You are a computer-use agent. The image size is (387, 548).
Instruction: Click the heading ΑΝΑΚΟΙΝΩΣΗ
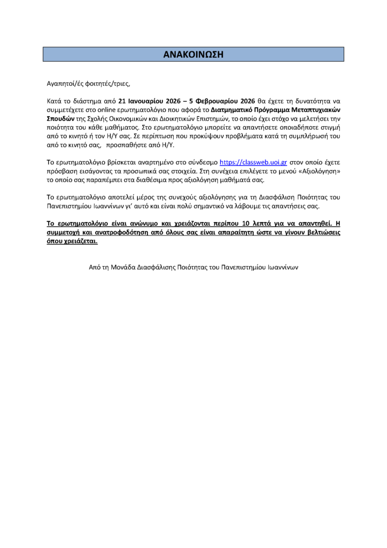[x=193, y=54]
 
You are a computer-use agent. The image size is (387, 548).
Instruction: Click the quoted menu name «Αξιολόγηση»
[x=319, y=170]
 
